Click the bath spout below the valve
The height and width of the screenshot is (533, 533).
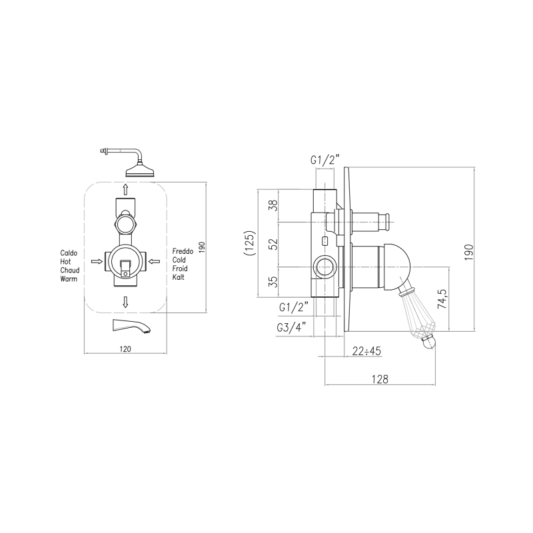coord(131,326)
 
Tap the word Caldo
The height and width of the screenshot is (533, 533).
coord(69,253)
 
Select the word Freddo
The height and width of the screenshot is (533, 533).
coord(183,251)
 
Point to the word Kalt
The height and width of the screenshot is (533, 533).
coord(178,277)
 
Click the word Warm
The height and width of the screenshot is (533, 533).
coord(69,278)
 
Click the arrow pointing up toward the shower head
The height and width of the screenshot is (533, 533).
coord(125,189)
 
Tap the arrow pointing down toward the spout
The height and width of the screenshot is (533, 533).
coord(125,302)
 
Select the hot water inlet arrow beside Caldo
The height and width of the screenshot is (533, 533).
coord(97,261)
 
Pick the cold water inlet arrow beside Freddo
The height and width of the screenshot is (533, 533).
coord(154,261)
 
